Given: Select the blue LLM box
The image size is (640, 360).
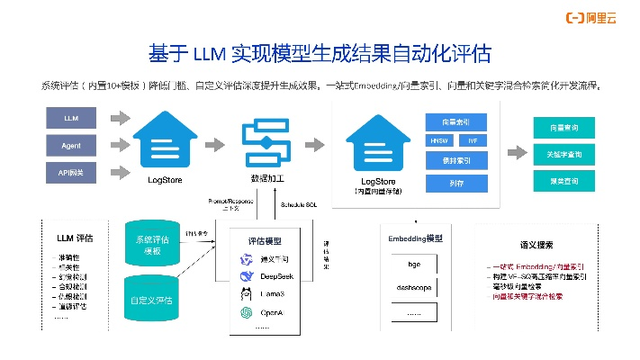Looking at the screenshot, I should click(71, 118).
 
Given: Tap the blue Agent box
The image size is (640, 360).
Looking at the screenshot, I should click(71, 144).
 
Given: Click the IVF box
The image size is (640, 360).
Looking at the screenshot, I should click(473, 140).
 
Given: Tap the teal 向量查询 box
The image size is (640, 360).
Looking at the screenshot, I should click(563, 128).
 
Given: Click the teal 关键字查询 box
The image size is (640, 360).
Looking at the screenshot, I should click(563, 154).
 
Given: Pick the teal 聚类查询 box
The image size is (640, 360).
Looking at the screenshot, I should click(563, 181).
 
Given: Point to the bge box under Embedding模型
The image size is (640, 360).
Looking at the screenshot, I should click(413, 265).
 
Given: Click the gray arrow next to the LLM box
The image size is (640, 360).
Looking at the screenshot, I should click(119, 118).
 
